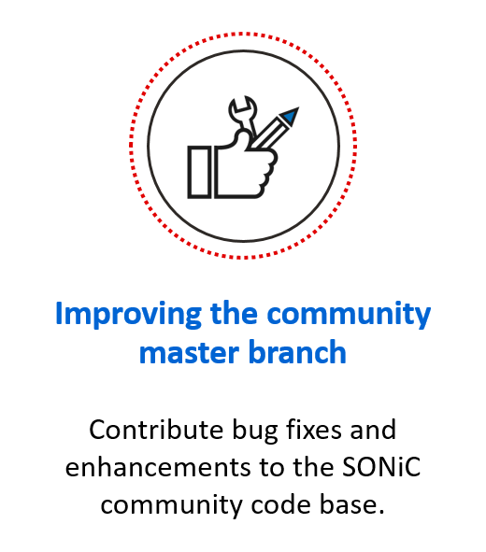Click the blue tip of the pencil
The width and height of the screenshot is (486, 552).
(291, 116)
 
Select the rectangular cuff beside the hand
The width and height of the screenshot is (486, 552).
(199, 172)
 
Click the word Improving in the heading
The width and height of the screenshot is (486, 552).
(129, 315)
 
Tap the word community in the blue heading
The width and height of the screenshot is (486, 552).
(349, 315)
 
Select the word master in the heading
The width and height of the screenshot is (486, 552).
(190, 352)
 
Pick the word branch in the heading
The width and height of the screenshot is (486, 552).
(297, 351)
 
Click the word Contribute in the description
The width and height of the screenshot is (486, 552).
(156, 430)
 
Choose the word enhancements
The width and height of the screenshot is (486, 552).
(158, 468)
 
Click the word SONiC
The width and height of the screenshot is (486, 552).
(381, 468)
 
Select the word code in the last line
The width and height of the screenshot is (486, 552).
(281, 504)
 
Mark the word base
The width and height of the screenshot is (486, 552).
(352, 504)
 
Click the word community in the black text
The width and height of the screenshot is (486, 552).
(172, 506)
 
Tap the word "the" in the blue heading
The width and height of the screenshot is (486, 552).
(234, 313)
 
